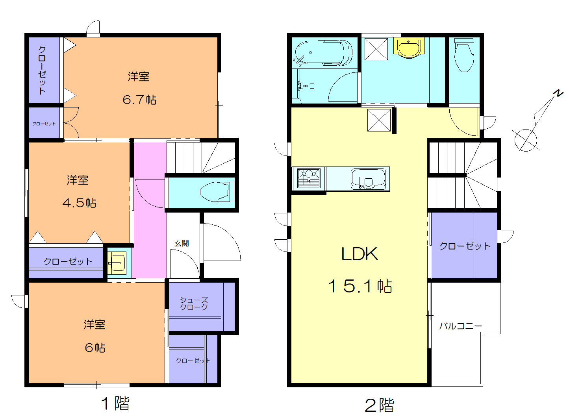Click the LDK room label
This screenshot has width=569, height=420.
coord(359,254)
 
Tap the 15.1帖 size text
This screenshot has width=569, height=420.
coord(360,286)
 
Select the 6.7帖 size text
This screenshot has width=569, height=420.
coord(139,100)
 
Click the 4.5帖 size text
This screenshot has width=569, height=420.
coord(79,203)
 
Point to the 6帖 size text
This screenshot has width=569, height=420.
coord(95,348)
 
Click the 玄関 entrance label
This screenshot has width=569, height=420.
coord(182,243)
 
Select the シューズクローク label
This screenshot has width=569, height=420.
coord(194,303)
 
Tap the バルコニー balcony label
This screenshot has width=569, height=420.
coord(460,326)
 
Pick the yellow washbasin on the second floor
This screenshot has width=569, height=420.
coord(409,48)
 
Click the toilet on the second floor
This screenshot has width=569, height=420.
coord(464,55)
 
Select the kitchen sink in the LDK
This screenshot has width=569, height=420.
coord(368,179)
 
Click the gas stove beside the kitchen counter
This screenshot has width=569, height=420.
coord(309,178)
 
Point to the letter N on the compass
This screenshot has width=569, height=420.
coord(558,93)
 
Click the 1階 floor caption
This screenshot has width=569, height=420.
coord(115,403)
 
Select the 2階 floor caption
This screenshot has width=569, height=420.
coord(379,405)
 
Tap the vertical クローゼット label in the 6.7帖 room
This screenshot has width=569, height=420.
coord(42,70)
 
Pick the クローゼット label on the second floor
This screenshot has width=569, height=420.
coord(465,246)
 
